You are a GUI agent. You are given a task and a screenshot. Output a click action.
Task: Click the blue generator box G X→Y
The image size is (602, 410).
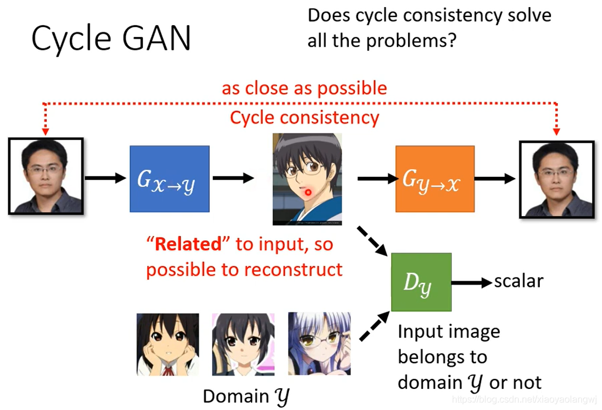(169, 179)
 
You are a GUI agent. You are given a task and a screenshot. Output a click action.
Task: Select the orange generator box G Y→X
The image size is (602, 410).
(435, 179)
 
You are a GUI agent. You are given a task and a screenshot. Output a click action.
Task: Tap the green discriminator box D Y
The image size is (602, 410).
(421, 282)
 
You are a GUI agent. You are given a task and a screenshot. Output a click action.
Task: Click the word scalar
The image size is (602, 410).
(518, 281)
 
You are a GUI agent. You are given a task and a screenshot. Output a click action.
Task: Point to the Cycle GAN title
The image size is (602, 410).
(111, 38)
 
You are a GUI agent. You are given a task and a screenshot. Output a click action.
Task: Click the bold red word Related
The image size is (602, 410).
(189, 244)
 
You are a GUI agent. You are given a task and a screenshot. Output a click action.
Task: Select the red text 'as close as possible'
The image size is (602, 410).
(304, 88)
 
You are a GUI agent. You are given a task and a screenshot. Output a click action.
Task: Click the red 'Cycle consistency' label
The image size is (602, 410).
(304, 117)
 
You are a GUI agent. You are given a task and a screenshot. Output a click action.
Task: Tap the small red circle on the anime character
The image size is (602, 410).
(308, 192)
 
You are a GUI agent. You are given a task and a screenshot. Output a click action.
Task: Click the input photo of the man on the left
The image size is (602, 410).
(46, 176)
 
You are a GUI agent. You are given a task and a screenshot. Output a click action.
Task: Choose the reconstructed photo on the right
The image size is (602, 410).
(557, 179)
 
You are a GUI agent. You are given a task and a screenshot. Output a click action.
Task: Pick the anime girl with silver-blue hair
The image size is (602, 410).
(319, 343)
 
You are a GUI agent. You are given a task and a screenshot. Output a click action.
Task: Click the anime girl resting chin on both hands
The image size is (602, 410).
(168, 344)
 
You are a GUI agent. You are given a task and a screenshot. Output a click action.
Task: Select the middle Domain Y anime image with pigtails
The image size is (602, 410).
(243, 344)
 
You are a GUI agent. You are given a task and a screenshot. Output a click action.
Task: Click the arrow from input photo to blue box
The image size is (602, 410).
(106, 178)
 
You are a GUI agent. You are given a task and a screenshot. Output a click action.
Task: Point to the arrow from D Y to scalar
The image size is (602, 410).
(472, 283)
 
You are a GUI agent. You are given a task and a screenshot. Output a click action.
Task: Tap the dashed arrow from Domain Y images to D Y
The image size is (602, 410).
(375, 326)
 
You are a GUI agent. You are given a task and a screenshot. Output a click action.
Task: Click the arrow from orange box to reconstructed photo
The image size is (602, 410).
(495, 179)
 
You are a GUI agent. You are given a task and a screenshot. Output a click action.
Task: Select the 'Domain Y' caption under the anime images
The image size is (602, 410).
(246, 397)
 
